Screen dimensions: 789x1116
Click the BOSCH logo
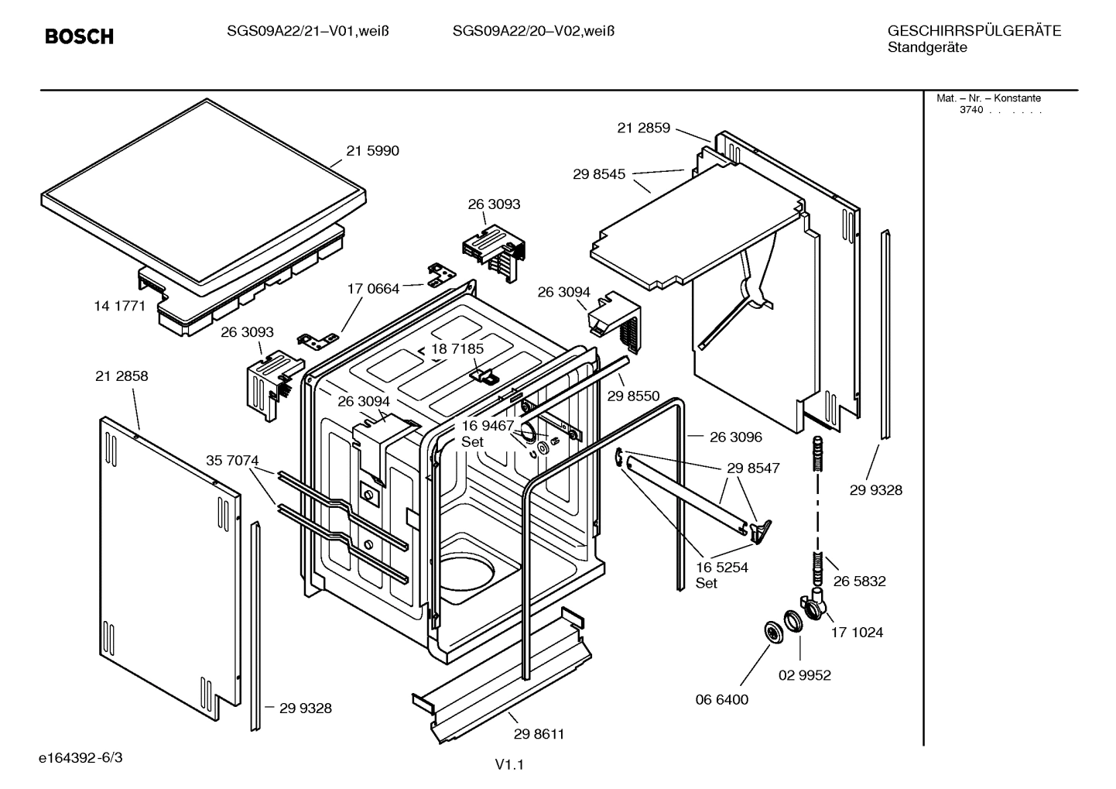[x=79, y=36]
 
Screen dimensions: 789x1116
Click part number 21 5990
[x=372, y=151]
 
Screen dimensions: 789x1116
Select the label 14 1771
[x=119, y=306]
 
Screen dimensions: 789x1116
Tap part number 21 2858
[x=122, y=376]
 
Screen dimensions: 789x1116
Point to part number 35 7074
[x=232, y=461]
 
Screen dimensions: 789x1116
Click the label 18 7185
[x=457, y=349]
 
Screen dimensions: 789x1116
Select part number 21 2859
[x=643, y=129]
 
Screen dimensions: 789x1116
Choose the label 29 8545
[x=599, y=175]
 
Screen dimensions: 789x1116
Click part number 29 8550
[x=633, y=396]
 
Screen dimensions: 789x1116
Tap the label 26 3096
[x=735, y=437]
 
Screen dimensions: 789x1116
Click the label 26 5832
[x=859, y=581]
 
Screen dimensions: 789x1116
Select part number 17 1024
[x=857, y=633]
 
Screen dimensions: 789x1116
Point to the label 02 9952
[x=804, y=675]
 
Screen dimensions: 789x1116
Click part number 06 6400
[x=721, y=700]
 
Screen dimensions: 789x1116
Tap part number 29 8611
[x=539, y=734]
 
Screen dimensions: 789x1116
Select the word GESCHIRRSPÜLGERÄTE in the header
[x=974, y=32]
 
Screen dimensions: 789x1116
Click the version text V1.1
[x=509, y=765]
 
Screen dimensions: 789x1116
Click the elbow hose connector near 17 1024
[x=815, y=603]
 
